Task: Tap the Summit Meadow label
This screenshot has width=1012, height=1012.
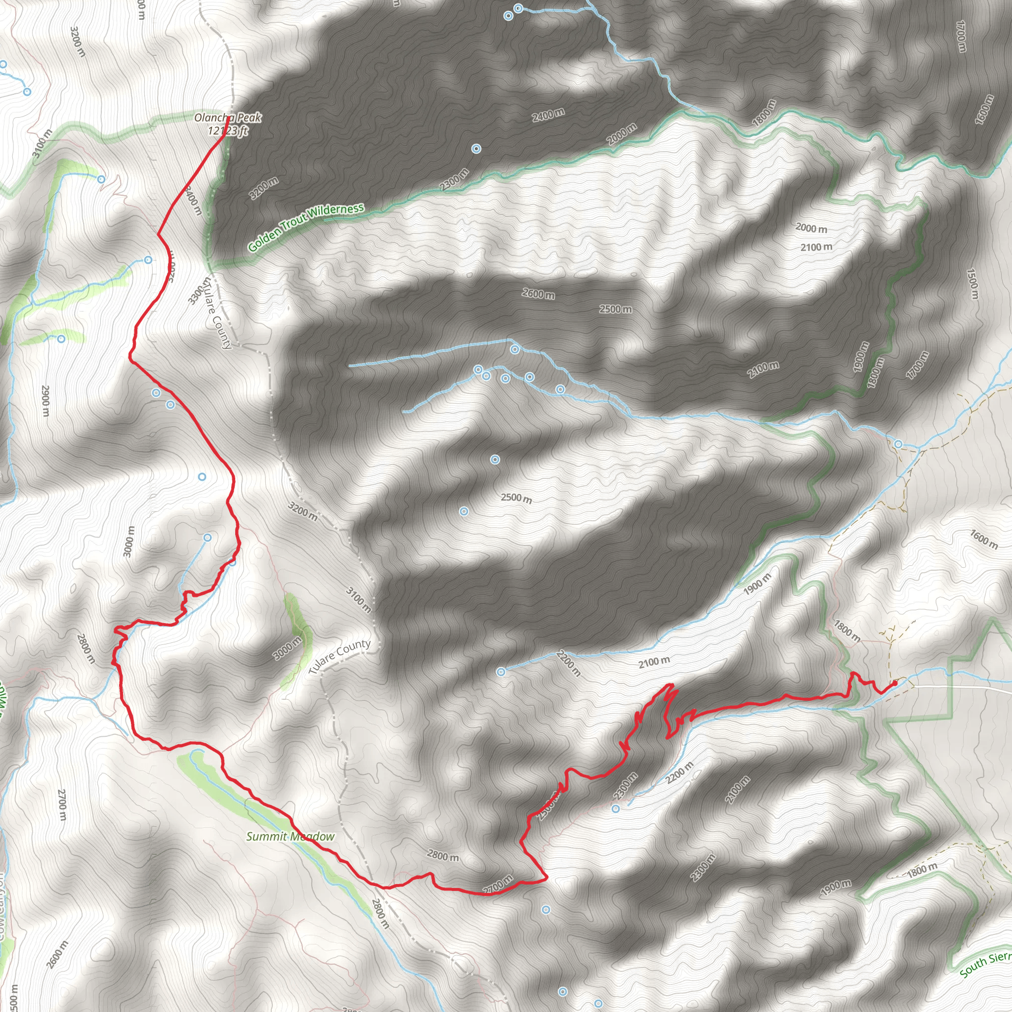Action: click(x=290, y=837)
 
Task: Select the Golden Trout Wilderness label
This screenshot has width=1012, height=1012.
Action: click(x=306, y=227)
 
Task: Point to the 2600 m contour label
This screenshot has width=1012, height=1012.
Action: click(x=538, y=295)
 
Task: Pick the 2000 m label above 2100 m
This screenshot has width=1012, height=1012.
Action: click(x=811, y=228)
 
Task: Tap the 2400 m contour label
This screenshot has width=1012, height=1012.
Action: click(x=548, y=115)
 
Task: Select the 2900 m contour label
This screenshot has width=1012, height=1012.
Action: click(x=45, y=401)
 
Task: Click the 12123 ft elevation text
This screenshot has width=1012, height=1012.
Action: click(x=228, y=131)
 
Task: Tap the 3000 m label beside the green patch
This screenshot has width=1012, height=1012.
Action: click(x=287, y=648)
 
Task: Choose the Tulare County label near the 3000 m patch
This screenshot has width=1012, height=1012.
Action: click(x=339, y=656)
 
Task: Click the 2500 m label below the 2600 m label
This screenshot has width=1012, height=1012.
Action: click(x=616, y=309)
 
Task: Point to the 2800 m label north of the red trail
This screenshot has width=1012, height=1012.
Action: click(x=443, y=856)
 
